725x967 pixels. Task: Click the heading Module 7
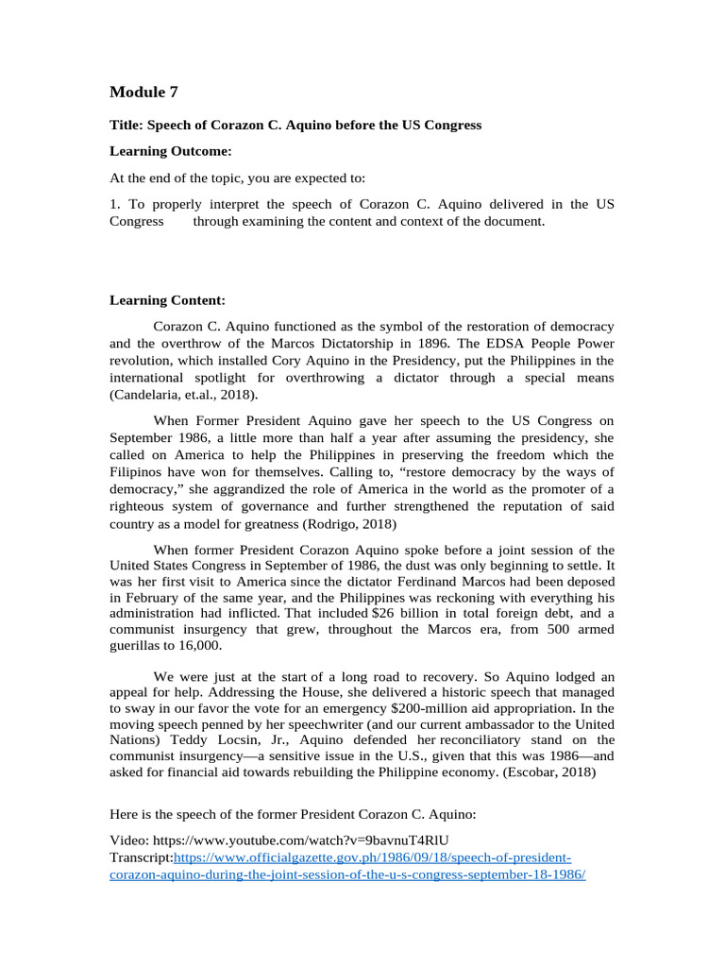[143, 92]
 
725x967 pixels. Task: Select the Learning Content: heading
[167, 300]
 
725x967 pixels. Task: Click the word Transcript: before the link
[142, 858]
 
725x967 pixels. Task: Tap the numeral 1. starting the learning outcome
[115, 204]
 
